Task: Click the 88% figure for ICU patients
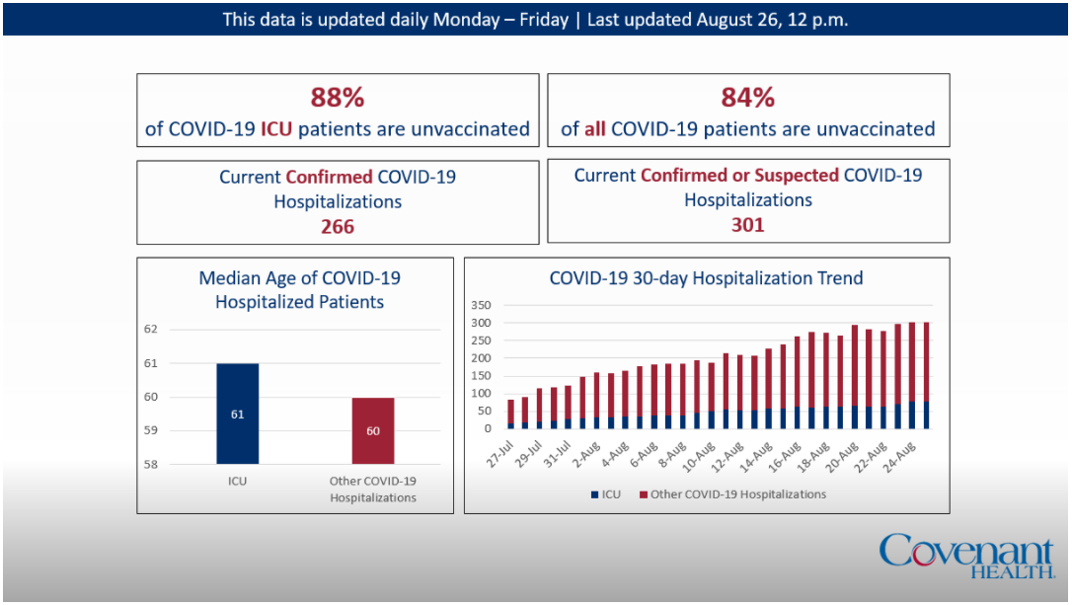click(338, 98)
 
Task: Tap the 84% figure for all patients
click(747, 98)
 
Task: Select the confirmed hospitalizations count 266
click(338, 227)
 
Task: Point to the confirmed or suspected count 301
click(747, 225)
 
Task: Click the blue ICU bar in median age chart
click(238, 414)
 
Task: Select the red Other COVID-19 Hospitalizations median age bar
click(373, 430)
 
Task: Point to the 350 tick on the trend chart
click(483, 305)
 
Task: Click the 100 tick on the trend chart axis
click(483, 393)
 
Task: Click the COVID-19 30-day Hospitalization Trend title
click(706, 278)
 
